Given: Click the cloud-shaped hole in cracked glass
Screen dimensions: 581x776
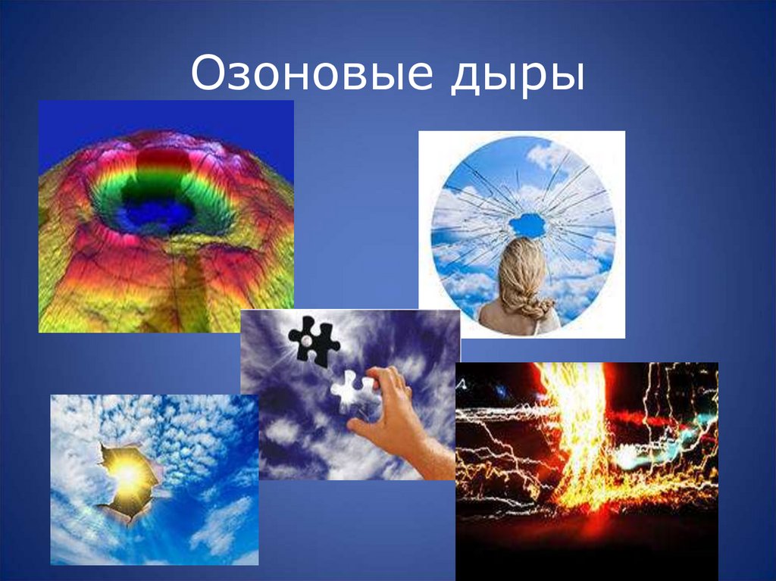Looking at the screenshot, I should tap(528, 224).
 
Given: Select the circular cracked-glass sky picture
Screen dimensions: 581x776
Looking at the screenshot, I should tap(522, 234).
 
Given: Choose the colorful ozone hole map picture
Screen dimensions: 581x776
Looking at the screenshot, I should tap(166, 217).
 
